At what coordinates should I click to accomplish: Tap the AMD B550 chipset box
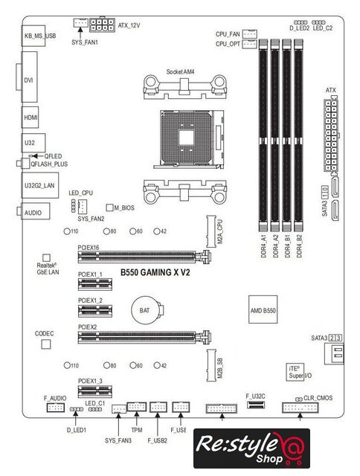coord(263,309)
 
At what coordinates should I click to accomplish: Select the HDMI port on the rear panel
coord(30,118)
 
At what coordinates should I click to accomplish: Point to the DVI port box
coord(30,77)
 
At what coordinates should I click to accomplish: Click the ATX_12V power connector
coord(102,25)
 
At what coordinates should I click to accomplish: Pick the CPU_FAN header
coord(250,34)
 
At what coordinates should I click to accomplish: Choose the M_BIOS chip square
coord(109,208)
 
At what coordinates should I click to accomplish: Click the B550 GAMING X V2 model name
coord(155,273)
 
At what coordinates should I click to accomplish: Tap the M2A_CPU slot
coord(211,231)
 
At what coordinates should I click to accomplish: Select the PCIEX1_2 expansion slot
coord(95,311)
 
